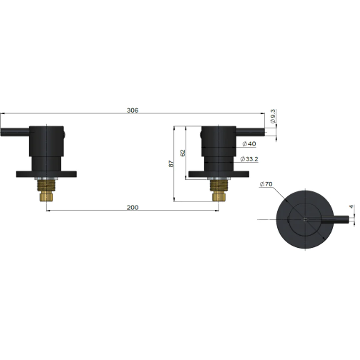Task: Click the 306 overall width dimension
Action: [x=132, y=110]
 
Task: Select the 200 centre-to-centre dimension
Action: [x=132, y=207]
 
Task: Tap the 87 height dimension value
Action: [x=171, y=164]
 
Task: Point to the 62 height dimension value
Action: [x=182, y=153]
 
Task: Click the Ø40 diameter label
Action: [x=249, y=144]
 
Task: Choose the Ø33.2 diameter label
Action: [x=249, y=159]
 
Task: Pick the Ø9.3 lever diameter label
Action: [x=273, y=117]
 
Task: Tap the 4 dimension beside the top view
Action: [x=351, y=207]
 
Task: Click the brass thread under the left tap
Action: [x=46, y=190]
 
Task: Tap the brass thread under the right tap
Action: [x=219, y=190]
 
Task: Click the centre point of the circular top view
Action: [x=305, y=219]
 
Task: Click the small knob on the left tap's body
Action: [x=65, y=135]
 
